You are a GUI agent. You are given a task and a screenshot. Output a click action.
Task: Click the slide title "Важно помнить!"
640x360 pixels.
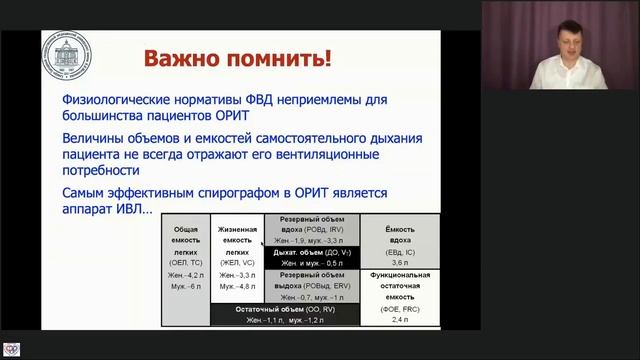[238, 58]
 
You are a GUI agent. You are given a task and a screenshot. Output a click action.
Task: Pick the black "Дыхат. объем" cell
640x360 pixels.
[311, 258]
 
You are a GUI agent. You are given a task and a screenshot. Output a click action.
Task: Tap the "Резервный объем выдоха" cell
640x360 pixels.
[311, 286]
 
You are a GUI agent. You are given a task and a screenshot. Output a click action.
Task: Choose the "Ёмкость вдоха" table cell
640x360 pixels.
[400, 243]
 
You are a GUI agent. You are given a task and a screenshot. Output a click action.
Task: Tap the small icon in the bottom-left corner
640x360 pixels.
[12, 349]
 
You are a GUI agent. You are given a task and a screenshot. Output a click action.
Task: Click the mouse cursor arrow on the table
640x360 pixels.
[263, 243]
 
